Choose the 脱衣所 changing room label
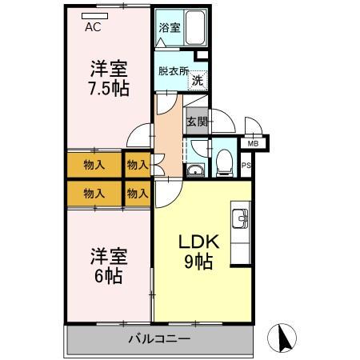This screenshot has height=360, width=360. click(x=171, y=70)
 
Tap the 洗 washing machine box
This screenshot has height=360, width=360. click(x=198, y=79)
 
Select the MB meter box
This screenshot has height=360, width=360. click(x=253, y=143)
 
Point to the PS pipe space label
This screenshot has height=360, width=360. click(x=245, y=166)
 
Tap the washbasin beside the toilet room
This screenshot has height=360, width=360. click(x=194, y=169)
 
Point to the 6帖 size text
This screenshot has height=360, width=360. click(x=106, y=277)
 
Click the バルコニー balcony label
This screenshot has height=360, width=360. click(x=159, y=339)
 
